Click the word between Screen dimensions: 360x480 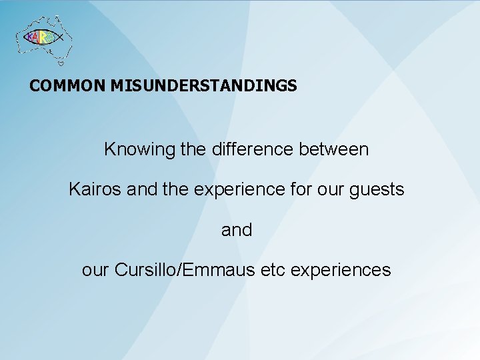(x=337, y=149)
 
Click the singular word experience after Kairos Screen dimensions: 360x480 (x=243, y=190)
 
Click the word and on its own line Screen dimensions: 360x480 (x=237, y=230)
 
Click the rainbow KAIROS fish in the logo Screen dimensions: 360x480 (x=41, y=38)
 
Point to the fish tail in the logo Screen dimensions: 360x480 (x=61, y=38)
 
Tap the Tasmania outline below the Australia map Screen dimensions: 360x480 (x=61, y=63)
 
